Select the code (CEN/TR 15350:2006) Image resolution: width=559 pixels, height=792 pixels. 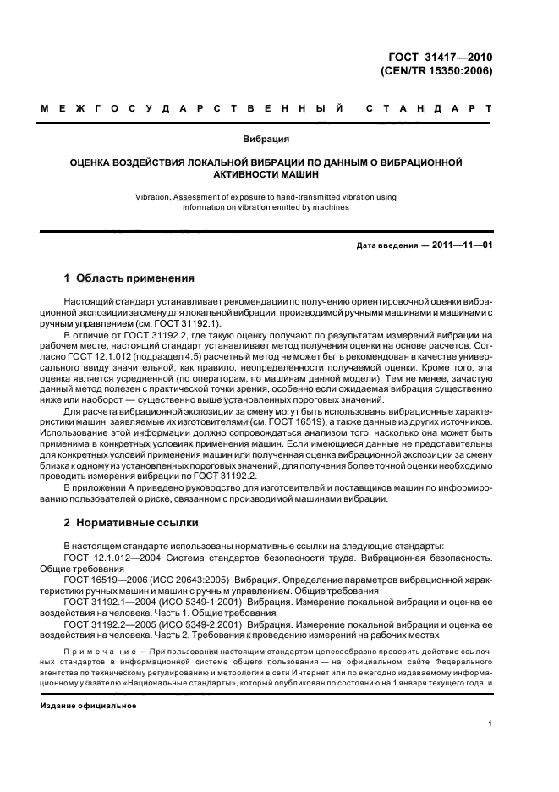pos(438,71)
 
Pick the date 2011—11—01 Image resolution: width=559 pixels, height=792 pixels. pos(463,246)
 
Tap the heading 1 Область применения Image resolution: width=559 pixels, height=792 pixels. pos(130,278)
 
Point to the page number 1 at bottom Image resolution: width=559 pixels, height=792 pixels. pos(490,723)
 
